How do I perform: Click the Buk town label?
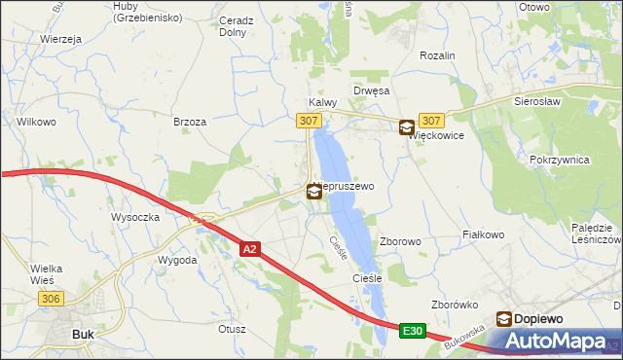[83, 334]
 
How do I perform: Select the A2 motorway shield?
[249, 250]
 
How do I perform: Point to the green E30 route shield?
[413, 332]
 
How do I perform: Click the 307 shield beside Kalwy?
[308, 120]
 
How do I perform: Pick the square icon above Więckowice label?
[405, 126]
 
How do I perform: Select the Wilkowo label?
[36, 123]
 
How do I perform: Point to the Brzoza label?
[189, 122]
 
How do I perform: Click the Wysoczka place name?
[135, 217]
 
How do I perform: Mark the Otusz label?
[233, 329]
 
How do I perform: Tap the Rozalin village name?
[437, 56]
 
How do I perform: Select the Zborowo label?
[400, 241]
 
